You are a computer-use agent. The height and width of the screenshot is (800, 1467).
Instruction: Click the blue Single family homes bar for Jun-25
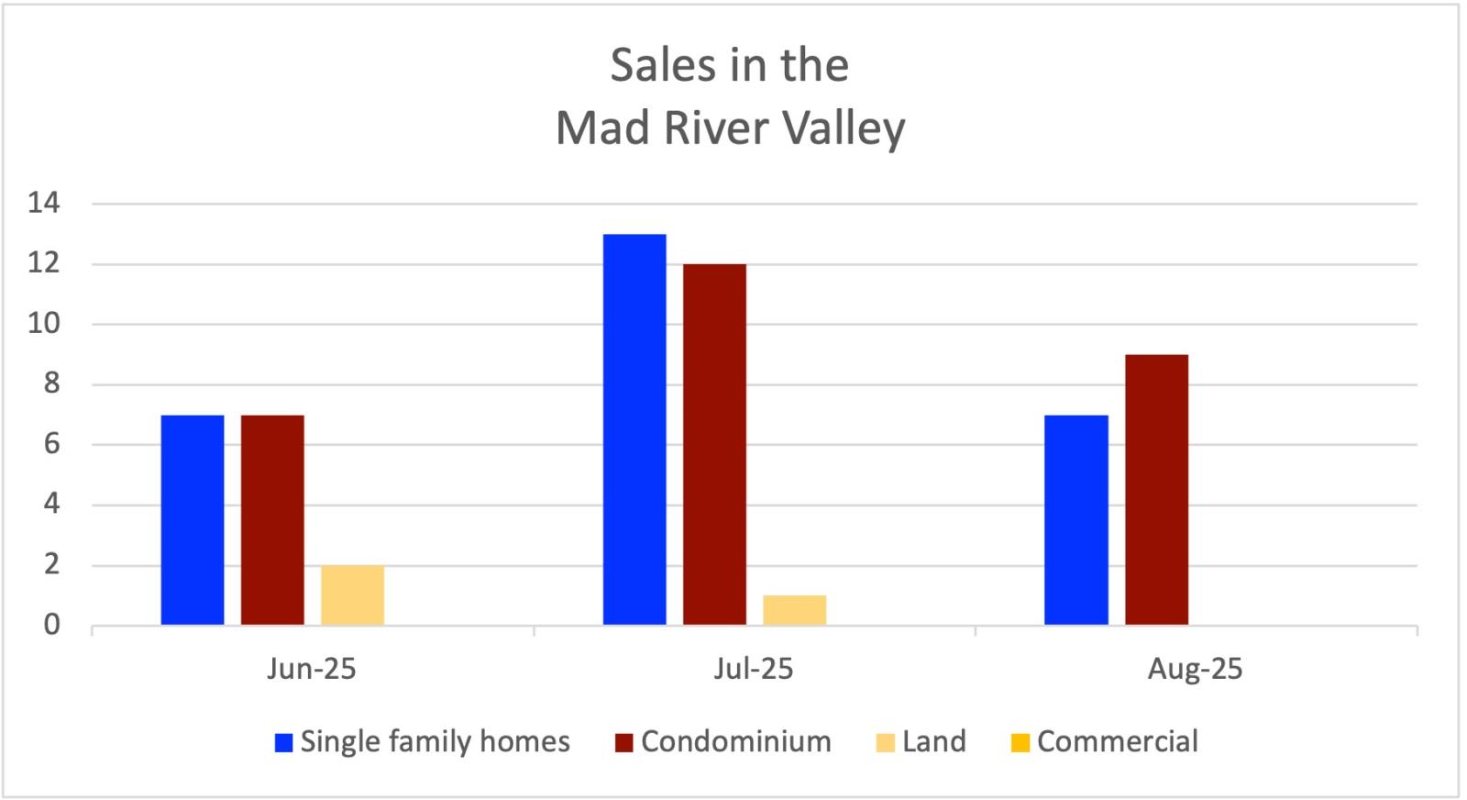193,520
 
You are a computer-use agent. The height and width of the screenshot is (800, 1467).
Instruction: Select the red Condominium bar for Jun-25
272,520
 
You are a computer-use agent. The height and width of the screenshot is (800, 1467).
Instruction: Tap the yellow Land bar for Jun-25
352,595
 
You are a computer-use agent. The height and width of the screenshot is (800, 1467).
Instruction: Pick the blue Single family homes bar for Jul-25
634,429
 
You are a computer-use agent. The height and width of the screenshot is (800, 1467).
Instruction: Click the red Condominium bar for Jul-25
714,445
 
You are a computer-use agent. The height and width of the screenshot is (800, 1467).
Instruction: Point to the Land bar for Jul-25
794,610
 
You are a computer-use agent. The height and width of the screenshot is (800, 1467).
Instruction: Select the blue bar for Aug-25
1076,520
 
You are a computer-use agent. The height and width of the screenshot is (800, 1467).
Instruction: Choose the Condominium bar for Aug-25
1156,490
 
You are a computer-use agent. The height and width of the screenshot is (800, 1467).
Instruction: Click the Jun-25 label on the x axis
312,669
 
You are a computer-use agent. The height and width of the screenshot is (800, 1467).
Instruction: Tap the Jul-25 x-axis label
754,669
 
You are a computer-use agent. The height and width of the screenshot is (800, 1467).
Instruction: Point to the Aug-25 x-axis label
1195,669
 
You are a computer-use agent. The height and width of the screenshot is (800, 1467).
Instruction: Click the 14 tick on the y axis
43,203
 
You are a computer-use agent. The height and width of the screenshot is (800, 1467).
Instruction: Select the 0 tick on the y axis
51,625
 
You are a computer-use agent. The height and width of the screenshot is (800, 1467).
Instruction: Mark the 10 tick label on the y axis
43,324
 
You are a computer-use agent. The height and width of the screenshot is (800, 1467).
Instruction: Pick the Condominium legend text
735,741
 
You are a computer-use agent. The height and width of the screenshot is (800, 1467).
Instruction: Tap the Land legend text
933,741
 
